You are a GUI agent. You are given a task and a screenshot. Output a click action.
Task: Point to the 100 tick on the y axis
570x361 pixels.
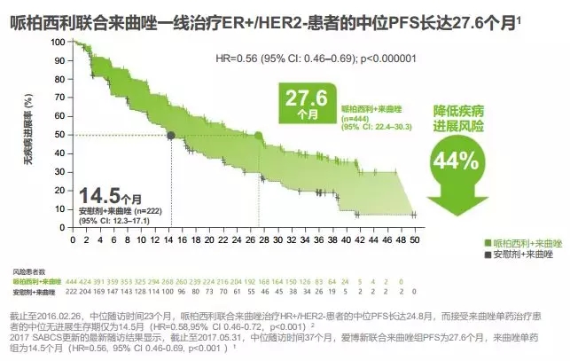coord(57,42)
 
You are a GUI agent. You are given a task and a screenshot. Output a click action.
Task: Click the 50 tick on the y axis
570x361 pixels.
coord(59,135)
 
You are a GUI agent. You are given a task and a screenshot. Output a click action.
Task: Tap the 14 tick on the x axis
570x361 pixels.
coord(168,239)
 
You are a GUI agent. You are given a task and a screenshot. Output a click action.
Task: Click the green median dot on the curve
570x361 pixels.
coord(260,136)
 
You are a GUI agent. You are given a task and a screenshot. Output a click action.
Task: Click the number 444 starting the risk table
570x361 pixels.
coord(73,280)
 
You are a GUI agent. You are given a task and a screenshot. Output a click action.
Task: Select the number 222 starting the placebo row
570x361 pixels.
coord(73,291)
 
